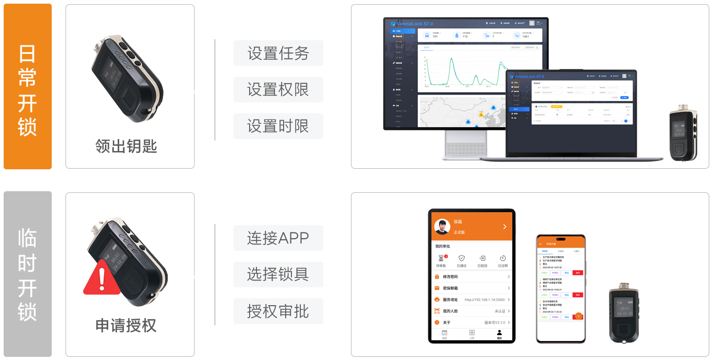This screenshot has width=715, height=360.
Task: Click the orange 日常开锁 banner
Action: click(28, 87)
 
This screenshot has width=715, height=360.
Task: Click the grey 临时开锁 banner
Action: click(28, 273)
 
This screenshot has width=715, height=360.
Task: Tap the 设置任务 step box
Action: click(278, 53)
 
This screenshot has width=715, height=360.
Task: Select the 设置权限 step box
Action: click(278, 89)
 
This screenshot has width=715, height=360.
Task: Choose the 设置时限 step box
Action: click(278, 126)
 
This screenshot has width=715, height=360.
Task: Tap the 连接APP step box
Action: click(278, 238)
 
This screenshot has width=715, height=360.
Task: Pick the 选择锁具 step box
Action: click(278, 274)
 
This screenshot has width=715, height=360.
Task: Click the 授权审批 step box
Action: click(278, 311)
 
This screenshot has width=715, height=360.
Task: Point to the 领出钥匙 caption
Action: click(126, 146)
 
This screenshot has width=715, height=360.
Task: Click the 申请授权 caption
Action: click(126, 325)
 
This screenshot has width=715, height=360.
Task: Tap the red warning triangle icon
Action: click(102, 278)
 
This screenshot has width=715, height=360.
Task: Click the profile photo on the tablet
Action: click(442, 226)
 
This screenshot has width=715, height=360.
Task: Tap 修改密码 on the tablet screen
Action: click(450, 276)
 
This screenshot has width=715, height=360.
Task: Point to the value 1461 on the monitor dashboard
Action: click(525, 37)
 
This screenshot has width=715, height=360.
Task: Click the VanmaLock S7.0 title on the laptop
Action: click(529, 76)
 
